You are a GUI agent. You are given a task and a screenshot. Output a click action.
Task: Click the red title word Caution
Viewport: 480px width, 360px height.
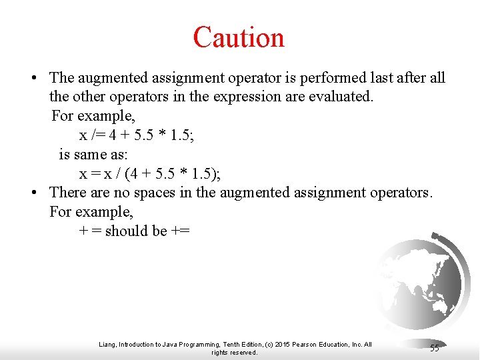pos(239,37)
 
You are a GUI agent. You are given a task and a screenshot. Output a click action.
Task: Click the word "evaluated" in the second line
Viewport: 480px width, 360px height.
pos(340,97)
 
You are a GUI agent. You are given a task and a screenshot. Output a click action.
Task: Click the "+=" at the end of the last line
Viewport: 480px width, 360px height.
pos(180,231)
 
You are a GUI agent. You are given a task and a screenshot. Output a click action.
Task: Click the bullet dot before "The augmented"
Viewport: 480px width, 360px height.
pos(33,79)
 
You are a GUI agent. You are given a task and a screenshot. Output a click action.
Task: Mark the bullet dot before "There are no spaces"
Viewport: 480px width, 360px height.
pos(33,193)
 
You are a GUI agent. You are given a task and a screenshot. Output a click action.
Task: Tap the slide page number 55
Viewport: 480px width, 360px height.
pos(434,348)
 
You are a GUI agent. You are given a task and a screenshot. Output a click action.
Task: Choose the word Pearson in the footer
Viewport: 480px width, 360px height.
pos(308,345)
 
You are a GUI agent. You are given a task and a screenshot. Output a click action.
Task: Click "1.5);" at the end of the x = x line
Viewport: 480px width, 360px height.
pos(206,174)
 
